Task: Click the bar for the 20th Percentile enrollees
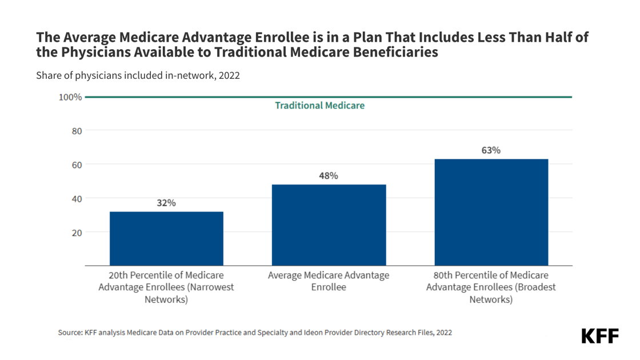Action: [x=166, y=238]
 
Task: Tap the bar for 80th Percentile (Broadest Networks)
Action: [x=491, y=212]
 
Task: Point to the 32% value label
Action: [x=166, y=203]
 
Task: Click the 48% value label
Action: [x=329, y=176]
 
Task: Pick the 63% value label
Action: [x=491, y=150]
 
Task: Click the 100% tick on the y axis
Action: [x=70, y=97]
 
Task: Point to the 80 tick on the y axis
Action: [x=76, y=131]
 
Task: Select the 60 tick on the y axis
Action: [x=76, y=165]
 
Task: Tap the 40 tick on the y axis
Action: [x=76, y=199]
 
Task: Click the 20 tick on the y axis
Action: [x=76, y=233]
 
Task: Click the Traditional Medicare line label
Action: [x=319, y=106]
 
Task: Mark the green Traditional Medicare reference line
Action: [x=457, y=97]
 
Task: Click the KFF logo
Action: [x=600, y=336]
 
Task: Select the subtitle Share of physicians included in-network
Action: [x=138, y=75]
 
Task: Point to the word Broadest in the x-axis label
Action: [x=537, y=287]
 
